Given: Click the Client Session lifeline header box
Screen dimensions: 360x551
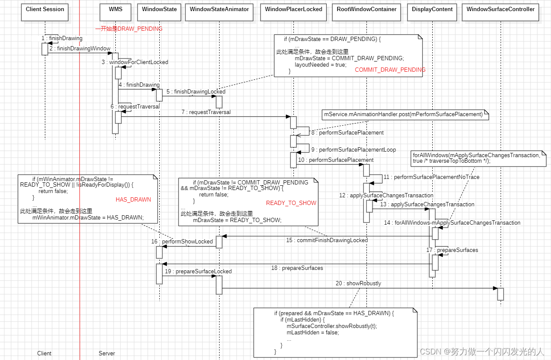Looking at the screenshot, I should tap(45, 11).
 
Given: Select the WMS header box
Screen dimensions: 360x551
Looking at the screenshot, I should tap(116, 11).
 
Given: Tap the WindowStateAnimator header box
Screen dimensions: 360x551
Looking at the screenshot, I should tap(219, 11).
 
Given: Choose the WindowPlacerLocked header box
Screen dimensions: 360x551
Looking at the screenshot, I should tap(293, 11).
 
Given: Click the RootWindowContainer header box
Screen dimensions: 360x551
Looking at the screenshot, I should tap(366, 11).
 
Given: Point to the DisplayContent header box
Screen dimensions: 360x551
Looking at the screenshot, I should tap(432, 11).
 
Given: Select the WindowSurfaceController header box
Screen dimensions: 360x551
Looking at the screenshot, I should tap(500, 11).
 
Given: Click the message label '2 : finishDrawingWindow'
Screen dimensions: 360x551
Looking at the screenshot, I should tap(79, 49).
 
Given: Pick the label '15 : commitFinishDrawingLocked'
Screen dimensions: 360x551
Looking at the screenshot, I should tap(327, 240).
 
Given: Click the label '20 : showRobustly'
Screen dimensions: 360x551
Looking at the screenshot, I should tap(358, 284).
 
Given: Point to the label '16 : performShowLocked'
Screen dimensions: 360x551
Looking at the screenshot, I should tap(182, 242).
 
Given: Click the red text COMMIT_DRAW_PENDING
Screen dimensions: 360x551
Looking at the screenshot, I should tap(390, 70).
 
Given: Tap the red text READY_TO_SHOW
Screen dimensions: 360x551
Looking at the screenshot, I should tap(291, 203).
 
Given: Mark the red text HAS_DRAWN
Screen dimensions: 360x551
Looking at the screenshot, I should tap(133, 200).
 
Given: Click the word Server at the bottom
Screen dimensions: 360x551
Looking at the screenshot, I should tap(107, 354).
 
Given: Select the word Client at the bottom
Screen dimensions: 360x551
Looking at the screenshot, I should tap(44, 354).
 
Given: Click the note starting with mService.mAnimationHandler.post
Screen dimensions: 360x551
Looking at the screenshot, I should tap(403, 114).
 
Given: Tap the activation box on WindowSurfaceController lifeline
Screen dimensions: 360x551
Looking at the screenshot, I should tap(500, 294).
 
